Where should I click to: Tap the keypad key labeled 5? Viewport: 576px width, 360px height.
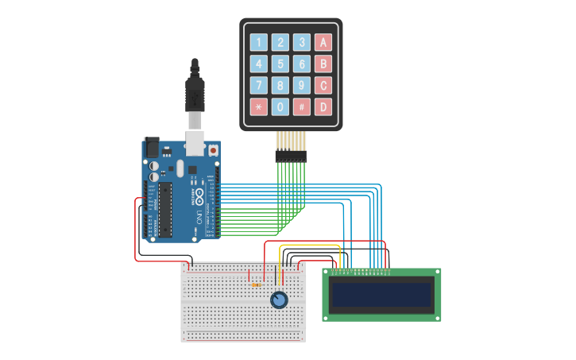click(280, 64)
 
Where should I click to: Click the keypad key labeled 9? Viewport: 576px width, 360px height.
click(302, 86)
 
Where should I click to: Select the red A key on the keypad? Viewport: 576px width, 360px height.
click(323, 43)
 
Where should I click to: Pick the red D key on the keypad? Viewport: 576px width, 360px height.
click(323, 107)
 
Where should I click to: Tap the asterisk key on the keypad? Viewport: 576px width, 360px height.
click(259, 107)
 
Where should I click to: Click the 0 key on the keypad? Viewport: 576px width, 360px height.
click(280, 107)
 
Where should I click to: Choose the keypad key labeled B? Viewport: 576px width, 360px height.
click(323, 64)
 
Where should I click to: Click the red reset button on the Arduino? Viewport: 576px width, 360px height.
click(213, 149)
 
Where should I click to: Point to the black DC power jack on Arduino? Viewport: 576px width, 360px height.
click(151, 149)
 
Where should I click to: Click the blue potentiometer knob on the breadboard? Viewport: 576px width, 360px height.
click(278, 300)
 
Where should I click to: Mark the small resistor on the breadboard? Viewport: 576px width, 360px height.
click(256, 285)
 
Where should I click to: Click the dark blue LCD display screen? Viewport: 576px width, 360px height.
click(381, 296)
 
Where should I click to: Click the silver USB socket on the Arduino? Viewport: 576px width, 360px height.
click(195, 143)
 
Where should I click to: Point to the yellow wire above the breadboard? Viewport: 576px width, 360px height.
click(310, 246)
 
